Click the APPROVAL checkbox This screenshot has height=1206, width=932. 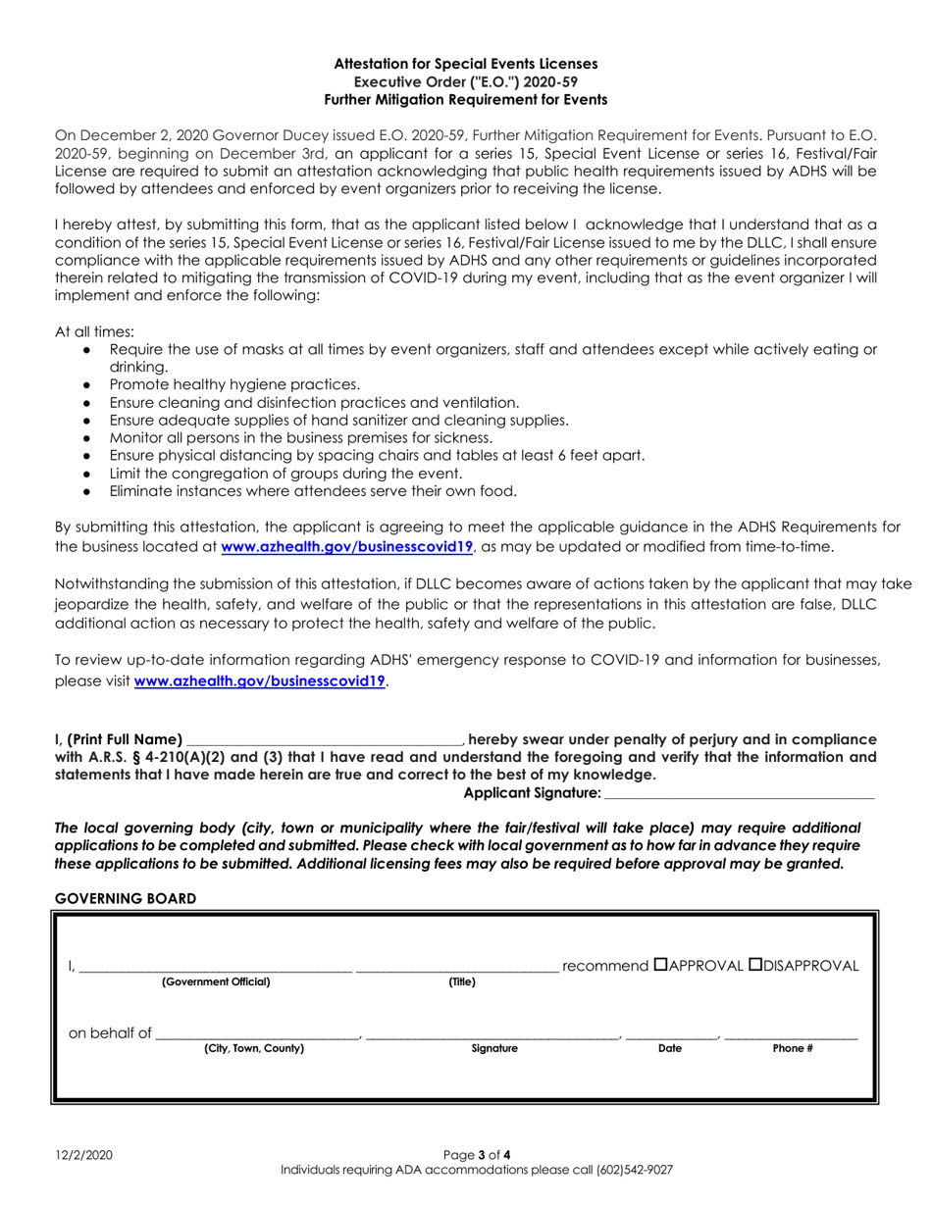[x=661, y=965]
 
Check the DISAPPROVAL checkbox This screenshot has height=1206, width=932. [x=756, y=965]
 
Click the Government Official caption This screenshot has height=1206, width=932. [x=216, y=981]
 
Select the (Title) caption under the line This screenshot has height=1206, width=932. [x=462, y=981]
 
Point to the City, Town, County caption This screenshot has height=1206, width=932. [x=254, y=1048]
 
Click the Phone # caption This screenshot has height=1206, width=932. [x=793, y=1048]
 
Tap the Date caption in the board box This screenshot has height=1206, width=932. [x=670, y=1048]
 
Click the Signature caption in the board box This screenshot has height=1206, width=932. [x=494, y=1048]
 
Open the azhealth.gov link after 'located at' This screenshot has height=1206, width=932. [x=348, y=547]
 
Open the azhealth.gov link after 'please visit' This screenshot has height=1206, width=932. [x=261, y=679]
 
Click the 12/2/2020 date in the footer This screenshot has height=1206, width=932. [x=83, y=1156]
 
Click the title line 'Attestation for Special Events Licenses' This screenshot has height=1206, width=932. [x=466, y=64]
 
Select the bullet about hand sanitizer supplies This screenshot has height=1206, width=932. [x=338, y=420]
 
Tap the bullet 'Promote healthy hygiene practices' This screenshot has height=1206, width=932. [x=234, y=384]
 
